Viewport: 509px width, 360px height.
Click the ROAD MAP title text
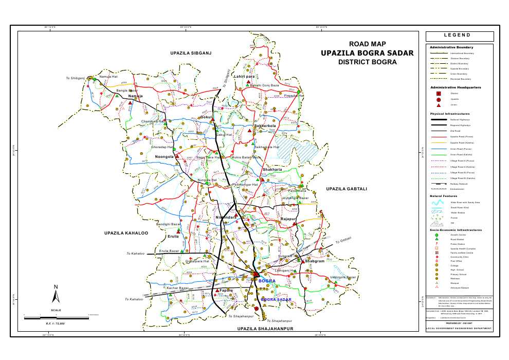367,44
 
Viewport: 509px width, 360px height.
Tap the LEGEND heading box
460,35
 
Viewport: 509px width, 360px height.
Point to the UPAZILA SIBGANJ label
191,53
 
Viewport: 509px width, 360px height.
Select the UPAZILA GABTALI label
347,189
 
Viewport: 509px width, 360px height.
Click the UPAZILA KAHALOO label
126,233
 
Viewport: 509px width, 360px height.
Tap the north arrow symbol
56,294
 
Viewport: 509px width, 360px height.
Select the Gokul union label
206,117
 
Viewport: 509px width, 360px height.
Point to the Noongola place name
165,156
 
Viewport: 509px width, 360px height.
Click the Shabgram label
314,261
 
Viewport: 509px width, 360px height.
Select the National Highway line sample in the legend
439,120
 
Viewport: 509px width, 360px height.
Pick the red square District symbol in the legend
439,93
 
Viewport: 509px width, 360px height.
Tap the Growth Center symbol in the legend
437,235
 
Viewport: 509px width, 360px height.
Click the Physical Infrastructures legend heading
450,113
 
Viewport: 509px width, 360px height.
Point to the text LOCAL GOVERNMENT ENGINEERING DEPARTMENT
459,329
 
